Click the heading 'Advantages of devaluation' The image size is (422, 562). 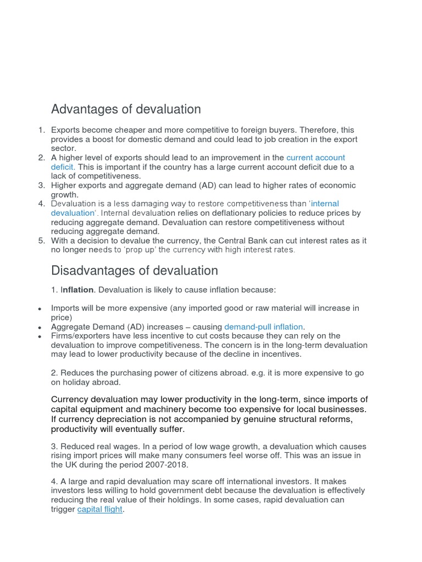(x=126, y=109)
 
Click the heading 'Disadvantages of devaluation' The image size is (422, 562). (x=134, y=271)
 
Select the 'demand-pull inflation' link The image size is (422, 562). (x=263, y=327)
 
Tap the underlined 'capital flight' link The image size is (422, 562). (x=100, y=509)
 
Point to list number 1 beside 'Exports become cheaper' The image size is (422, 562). (x=41, y=130)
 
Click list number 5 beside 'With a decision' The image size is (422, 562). (x=41, y=240)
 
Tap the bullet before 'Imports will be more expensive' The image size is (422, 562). (x=40, y=308)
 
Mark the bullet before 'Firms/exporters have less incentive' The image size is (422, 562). (x=40, y=336)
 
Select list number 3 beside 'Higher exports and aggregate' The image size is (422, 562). (x=41, y=186)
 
